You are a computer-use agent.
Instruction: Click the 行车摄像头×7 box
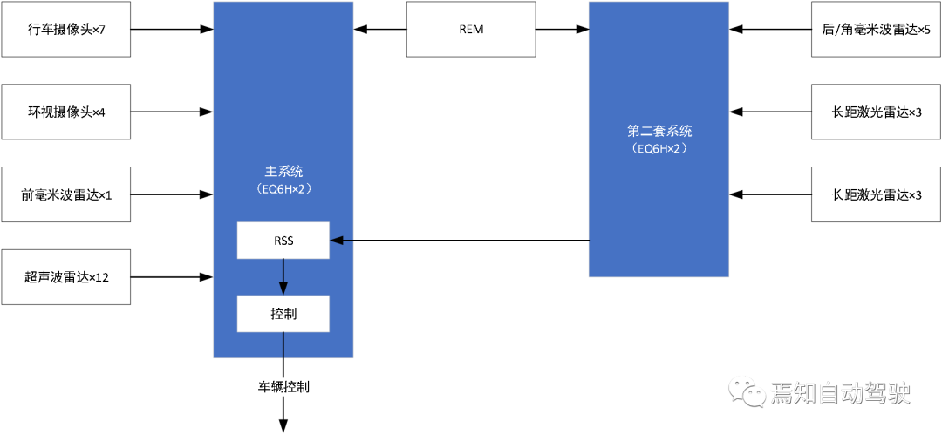(x=65, y=29)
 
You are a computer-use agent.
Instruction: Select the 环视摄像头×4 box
(x=65, y=112)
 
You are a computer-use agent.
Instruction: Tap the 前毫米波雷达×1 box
(x=65, y=194)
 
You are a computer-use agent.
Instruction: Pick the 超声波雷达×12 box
(x=65, y=277)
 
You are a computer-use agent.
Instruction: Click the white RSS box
(x=283, y=240)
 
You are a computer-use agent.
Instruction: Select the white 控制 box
(x=283, y=313)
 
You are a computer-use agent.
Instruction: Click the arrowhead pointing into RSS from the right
(x=337, y=240)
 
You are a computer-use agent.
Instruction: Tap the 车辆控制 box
(x=283, y=386)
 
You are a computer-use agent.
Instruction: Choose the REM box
(x=471, y=29)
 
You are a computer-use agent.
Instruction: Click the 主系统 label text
(x=283, y=171)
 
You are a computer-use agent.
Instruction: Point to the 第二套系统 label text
(x=659, y=131)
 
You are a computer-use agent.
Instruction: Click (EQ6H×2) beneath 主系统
(x=283, y=187)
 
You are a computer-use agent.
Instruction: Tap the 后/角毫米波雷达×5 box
(x=876, y=29)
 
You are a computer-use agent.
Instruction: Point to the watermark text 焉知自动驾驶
(x=840, y=393)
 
